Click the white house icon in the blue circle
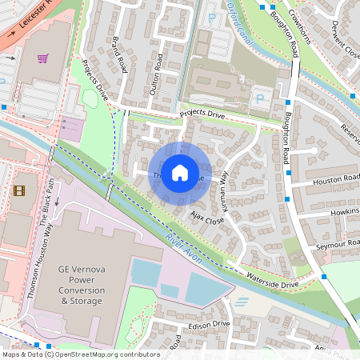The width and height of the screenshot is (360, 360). pyautogui.click(x=180, y=173)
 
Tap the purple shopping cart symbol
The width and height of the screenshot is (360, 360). pyautogui.click(x=42, y=58)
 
